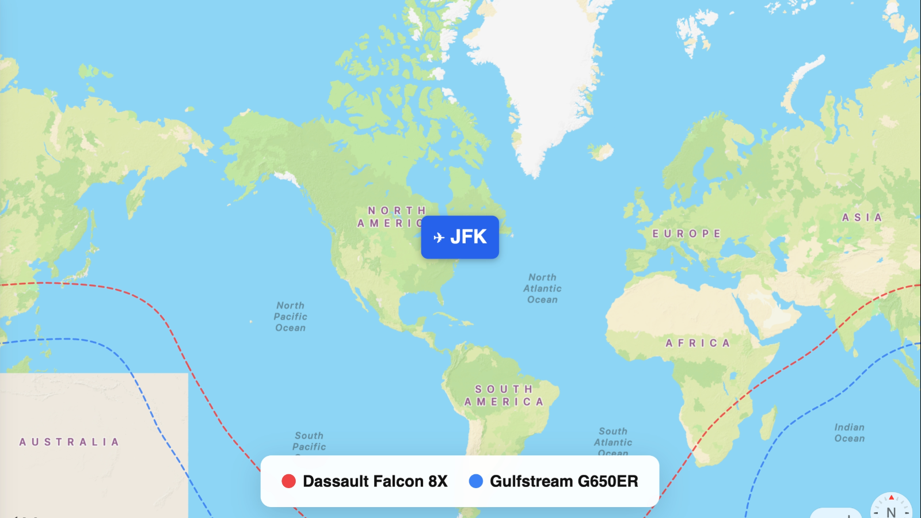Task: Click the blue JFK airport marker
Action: (x=460, y=237)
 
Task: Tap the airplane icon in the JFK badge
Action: (x=439, y=238)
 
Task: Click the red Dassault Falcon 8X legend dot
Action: (x=288, y=481)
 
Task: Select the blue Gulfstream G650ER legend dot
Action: (x=476, y=481)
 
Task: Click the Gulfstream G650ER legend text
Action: (x=564, y=481)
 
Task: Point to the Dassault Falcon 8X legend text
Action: (x=375, y=481)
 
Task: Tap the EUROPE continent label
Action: (x=686, y=234)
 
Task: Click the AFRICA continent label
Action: (x=698, y=343)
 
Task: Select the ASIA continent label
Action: (x=862, y=218)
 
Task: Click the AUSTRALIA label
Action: (x=69, y=442)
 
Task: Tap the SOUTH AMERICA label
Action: (x=504, y=395)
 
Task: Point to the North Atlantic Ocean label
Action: (x=542, y=288)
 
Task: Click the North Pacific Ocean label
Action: (x=291, y=317)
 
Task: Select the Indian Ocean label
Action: (x=850, y=433)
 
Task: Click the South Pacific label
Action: (x=309, y=441)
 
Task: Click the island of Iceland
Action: (x=602, y=152)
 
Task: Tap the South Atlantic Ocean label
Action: (x=613, y=441)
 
